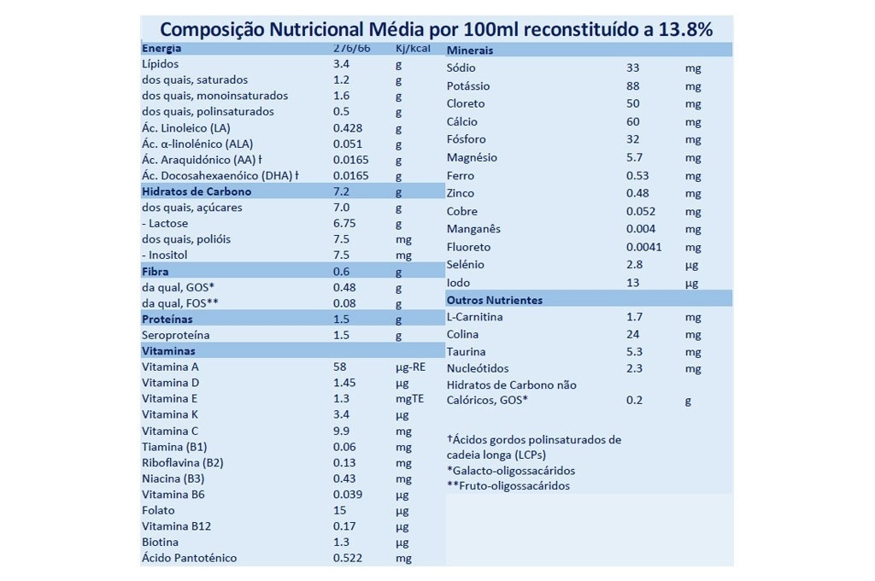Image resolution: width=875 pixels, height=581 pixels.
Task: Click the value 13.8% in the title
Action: pos(671,29)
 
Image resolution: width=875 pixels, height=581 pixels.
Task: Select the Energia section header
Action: pos(161,48)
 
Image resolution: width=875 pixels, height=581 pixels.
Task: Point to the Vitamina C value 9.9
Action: pos(341,431)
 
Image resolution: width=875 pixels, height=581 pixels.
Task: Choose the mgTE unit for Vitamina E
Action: pos(409,399)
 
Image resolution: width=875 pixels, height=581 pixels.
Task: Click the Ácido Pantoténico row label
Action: pos(189,558)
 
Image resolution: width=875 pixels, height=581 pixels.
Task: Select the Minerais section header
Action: pos(470,50)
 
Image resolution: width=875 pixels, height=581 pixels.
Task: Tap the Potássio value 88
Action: pos(633,85)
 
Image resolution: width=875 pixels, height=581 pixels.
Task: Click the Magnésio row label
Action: pos(472,157)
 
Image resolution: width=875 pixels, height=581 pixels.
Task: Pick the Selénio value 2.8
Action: pos(633,265)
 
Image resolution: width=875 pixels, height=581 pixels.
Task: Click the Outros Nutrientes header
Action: pos(495,300)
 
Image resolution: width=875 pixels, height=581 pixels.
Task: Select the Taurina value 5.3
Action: pos(633,351)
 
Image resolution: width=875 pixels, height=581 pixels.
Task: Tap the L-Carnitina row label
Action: pos(474,317)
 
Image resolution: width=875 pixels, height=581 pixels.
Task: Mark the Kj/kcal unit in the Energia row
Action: pos(412,48)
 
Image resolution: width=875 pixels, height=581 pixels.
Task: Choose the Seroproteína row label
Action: pos(175,335)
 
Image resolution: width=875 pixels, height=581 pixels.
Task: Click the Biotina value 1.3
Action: pos(341,542)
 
